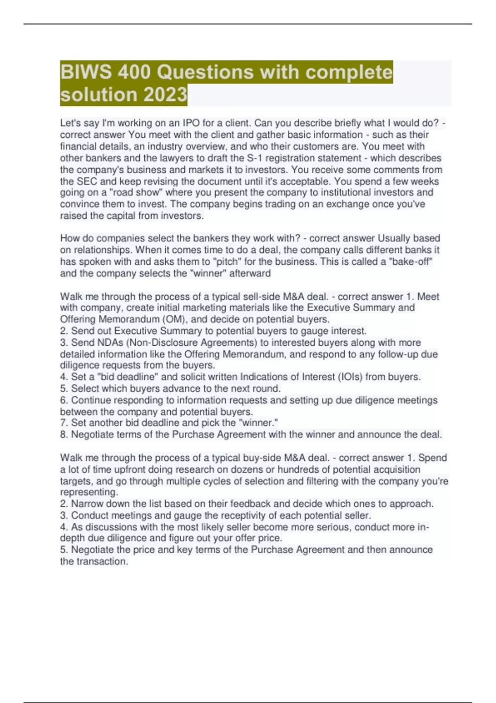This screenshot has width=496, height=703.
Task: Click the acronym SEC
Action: coord(87,181)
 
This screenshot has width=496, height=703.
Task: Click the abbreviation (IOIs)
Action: coord(359,377)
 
